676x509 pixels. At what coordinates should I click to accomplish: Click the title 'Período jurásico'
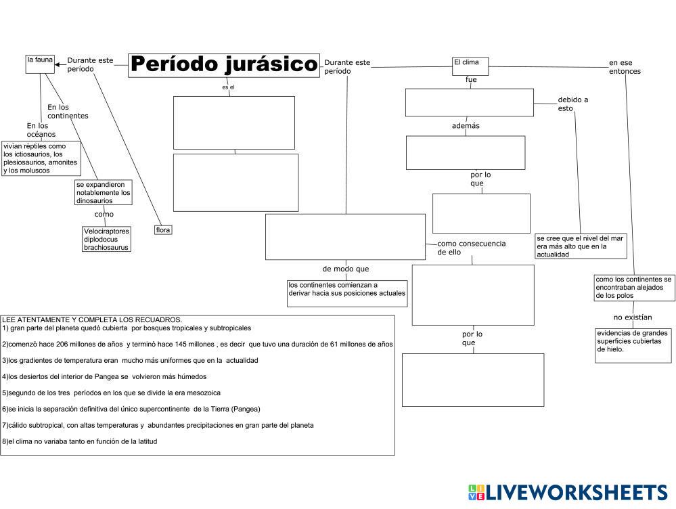(223, 65)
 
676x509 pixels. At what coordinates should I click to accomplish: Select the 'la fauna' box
(40, 63)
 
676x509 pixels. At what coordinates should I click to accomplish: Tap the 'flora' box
(163, 230)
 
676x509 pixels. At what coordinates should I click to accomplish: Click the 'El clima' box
(470, 65)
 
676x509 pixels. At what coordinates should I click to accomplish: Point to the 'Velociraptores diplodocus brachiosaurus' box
(106, 239)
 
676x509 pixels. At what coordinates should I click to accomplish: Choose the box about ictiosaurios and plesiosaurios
(41, 158)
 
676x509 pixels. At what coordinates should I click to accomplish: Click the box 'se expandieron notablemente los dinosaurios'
(104, 192)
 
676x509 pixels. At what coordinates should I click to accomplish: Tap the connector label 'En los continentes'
(68, 111)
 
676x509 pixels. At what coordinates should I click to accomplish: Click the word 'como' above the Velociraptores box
(104, 214)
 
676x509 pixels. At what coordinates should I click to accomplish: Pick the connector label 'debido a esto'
(572, 104)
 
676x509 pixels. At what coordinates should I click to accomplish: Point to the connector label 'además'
(466, 125)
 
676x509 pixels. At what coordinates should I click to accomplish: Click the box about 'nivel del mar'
(581, 246)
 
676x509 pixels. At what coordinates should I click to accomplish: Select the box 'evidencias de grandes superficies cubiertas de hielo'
(633, 345)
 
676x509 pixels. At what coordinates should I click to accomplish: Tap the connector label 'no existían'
(633, 317)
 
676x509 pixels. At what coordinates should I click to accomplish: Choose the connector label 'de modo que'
(346, 269)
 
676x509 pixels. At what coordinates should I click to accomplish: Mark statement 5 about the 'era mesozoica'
(112, 393)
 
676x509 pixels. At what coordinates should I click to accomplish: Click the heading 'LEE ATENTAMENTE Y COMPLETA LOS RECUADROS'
(92, 319)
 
